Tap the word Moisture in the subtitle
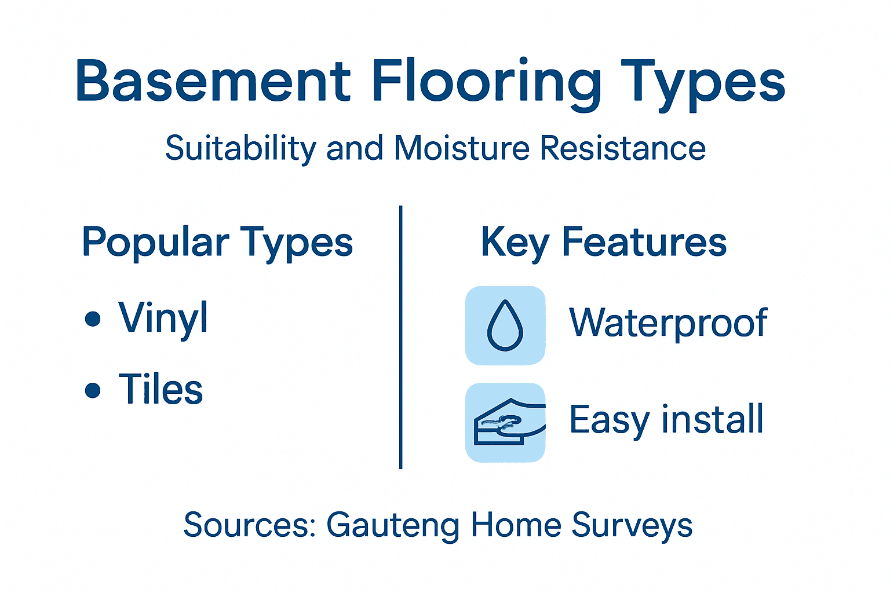click(x=461, y=148)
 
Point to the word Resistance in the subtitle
click(x=623, y=148)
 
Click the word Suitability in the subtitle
click(x=240, y=149)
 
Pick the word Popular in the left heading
click(x=156, y=243)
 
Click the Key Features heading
click(x=603, y=242)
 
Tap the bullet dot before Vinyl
click(x=93, y=319)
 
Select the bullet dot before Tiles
click(x=93, y=390)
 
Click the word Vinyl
click(x=163, y=319)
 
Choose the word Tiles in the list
click(x=161, y=389)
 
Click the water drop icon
click(x=505, y=325)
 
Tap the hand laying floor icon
click(x=505, y=423)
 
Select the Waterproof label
click(x=668, y=323)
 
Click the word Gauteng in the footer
click(x=393, y=525)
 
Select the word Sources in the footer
click(x=249, y=525)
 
